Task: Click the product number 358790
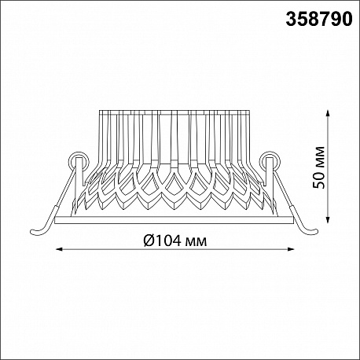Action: [319, 19]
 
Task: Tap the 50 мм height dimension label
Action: [319, 167]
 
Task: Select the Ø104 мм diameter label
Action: [175, 241]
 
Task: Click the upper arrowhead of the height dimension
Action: [327, 114]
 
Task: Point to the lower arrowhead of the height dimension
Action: [327, 219]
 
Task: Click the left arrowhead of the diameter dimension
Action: [60, 249]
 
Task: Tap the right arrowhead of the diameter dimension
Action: [291, 249]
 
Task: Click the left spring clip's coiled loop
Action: [79, 160]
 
